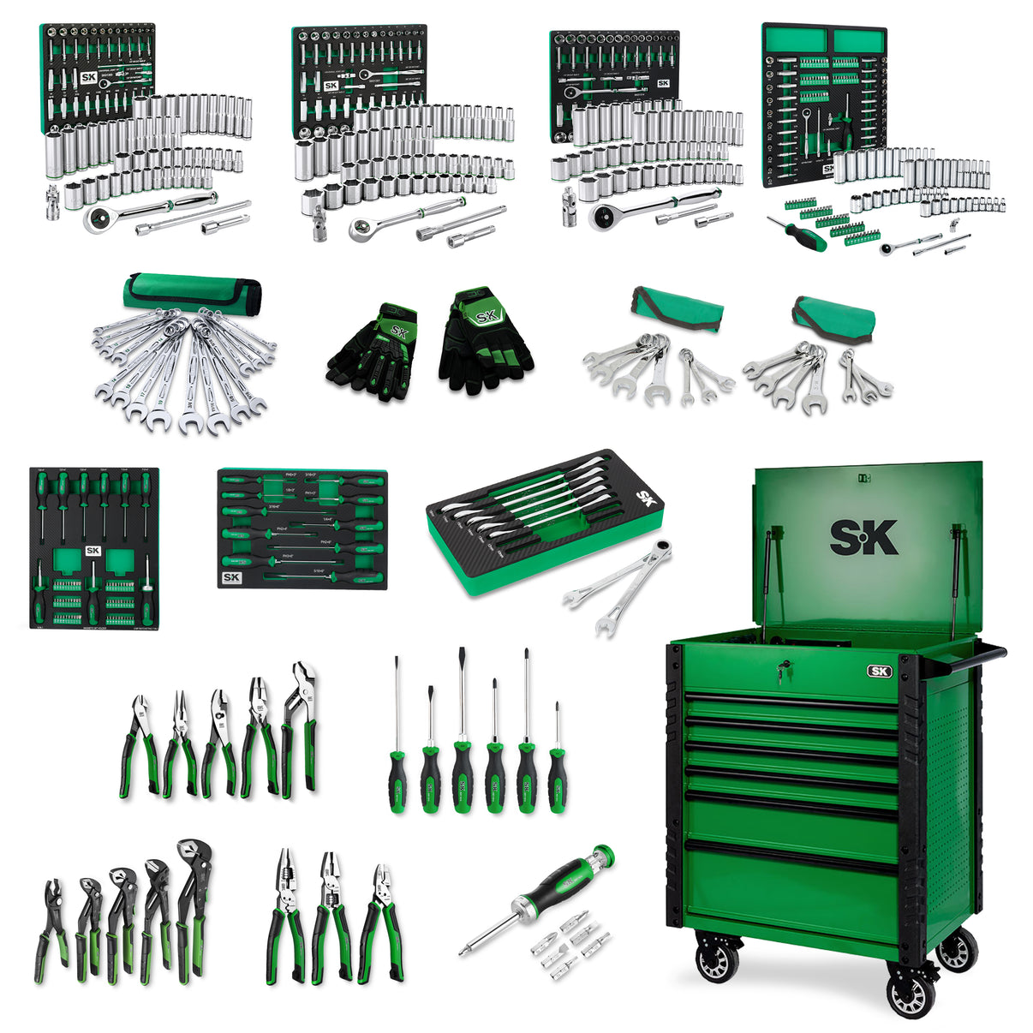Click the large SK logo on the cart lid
(x=863, y=538)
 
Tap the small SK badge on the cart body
(x=879, y=672)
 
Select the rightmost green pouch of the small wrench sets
(x=833, y=317)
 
